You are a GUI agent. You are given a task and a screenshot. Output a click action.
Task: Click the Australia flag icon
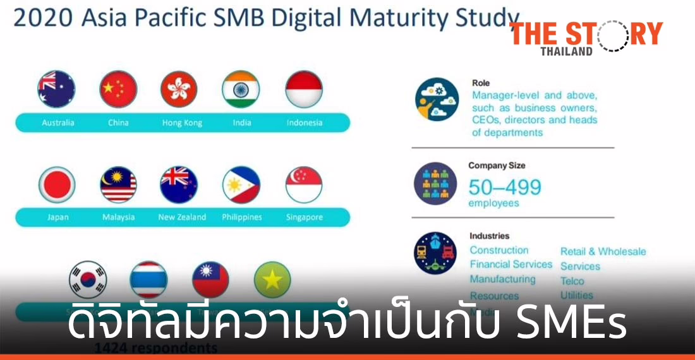tap(56, 89)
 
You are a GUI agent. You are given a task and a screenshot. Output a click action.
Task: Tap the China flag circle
tap(118, 89)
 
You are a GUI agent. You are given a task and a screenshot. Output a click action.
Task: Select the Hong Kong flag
tap(179, 89)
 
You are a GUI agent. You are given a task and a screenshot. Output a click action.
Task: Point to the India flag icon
tap(241, 89)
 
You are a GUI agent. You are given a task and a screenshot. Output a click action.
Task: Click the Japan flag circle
tap(57, 185)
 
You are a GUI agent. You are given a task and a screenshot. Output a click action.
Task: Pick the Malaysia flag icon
tap(118, 185)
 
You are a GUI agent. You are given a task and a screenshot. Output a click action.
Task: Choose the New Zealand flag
tap(179, 185)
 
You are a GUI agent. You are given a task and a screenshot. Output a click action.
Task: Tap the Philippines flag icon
tap(241, 185)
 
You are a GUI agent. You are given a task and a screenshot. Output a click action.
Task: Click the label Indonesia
tap(304, 123)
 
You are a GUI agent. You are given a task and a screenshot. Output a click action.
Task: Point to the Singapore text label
tap(304, 217)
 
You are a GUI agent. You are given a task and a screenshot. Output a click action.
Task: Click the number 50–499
tap(504, 187)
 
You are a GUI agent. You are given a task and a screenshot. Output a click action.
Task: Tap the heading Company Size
tap(497, 165)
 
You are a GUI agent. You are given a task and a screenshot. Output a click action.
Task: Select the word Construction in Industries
tap(499, 250)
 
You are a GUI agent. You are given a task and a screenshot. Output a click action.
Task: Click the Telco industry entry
tap(572, 281)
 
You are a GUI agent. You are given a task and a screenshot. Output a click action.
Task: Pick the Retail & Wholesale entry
tap(603, 251)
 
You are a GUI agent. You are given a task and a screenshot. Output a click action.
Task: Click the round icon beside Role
tap(437, 99)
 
